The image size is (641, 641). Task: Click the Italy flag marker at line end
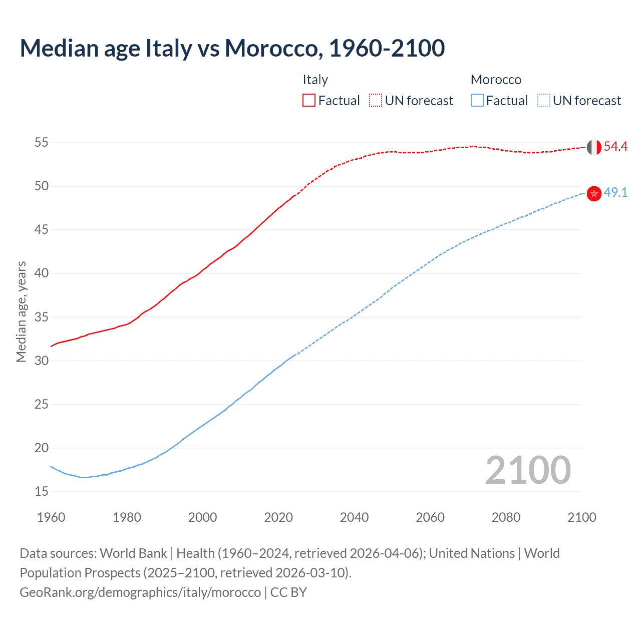(594, 147)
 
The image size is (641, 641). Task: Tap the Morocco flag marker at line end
(594, 193)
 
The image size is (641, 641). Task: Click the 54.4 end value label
(615, 147)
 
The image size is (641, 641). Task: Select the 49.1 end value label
(615, 193)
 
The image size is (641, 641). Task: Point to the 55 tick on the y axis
(41, 143)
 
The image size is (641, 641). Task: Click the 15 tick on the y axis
(41, 492)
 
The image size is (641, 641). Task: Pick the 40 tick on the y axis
(41, 273)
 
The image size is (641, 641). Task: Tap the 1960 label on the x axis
(51, 517)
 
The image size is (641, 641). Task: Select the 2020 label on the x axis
(278, 517)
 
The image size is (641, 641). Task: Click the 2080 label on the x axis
(506, 517)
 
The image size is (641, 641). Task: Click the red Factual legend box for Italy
(309, 101)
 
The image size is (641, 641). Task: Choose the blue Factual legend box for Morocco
(477, 101)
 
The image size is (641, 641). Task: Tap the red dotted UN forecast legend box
(376, 101)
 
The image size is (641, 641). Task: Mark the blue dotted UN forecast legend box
(544, 101)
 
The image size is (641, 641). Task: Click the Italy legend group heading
(315, 80)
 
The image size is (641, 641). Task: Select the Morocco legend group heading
(496, 80)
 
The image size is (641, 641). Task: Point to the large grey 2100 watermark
(528, 470)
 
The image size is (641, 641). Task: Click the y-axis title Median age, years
(21, 311)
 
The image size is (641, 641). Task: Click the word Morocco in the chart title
(271, 48)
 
